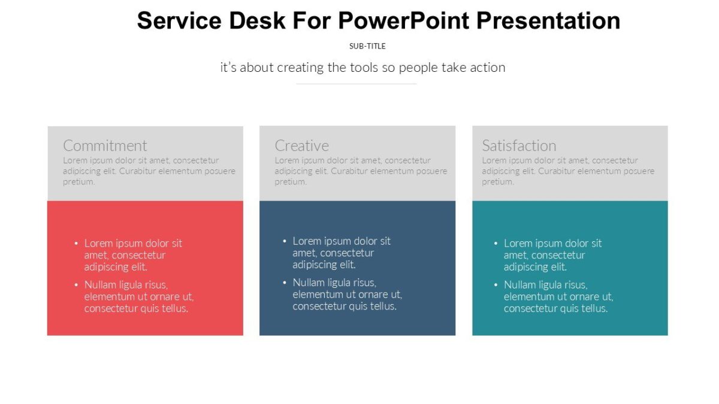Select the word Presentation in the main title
pos(548,21)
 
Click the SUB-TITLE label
pos(367,46)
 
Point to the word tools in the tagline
pos(363,67)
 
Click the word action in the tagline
pos(487,67)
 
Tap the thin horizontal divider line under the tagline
pos(357,84)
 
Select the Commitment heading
pos(105,145)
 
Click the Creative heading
pos(301,145)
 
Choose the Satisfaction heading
pos(519,145)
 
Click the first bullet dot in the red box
pos(76,244)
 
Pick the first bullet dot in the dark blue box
pos(285,241)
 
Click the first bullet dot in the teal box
pos(496,244)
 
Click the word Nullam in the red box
pos(101,285)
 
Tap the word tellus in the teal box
pos(593,309)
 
